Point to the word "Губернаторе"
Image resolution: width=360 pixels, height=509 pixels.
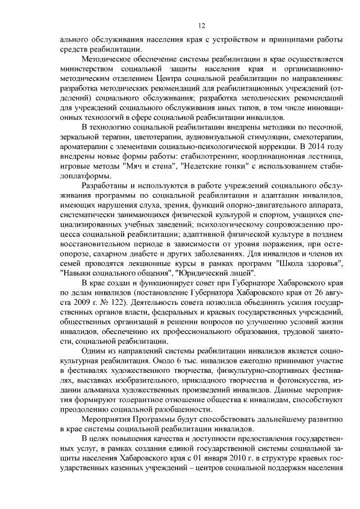[227, 281]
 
